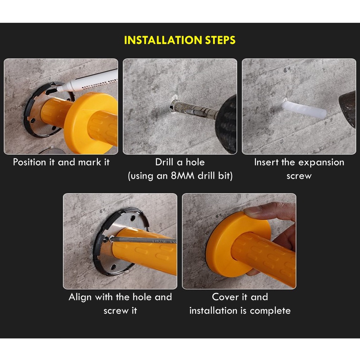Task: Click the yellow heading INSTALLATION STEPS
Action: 180,40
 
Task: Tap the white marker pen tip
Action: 58,89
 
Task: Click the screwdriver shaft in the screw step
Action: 143,240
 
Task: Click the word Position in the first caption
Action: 30,162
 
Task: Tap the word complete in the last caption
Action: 270,311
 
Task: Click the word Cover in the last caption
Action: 225,297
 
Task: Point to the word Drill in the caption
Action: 164,162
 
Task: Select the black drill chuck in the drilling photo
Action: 226,124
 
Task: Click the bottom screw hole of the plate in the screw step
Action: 114,267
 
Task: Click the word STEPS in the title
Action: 220,40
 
